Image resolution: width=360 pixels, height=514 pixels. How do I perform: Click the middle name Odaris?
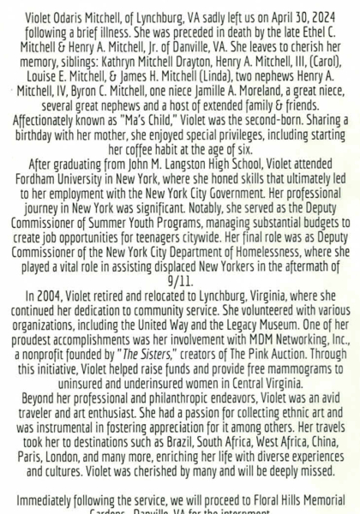[74, 12]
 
